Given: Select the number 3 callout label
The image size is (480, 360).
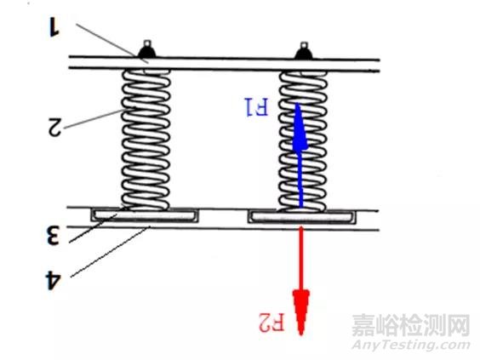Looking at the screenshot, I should coord(53,236).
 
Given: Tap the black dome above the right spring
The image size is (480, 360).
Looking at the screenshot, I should coord(301,54).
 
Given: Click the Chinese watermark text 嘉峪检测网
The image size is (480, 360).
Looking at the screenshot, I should coord(411,323).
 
